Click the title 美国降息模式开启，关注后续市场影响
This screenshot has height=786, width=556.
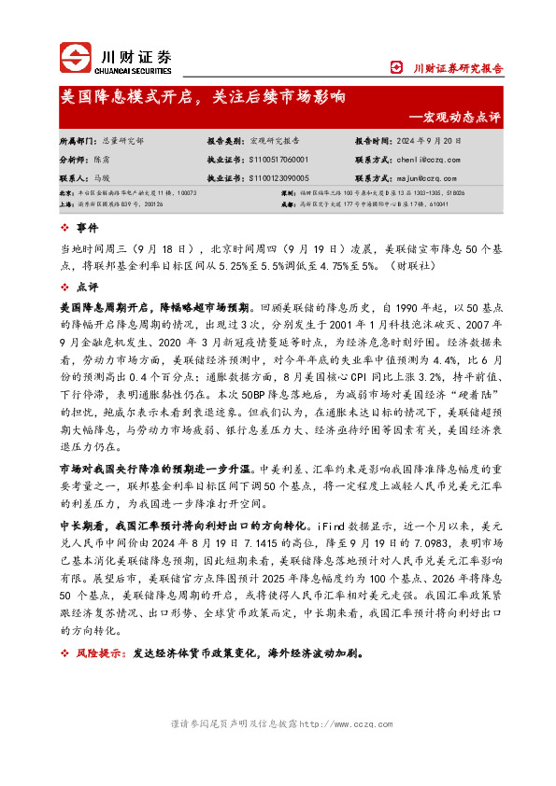pyautogui.click(x=203, y=96)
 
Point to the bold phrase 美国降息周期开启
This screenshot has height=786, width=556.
pyautogui.click(x=99, y=306)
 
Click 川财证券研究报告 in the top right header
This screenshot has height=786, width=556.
pyautogui.click(x=458, y=67)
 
